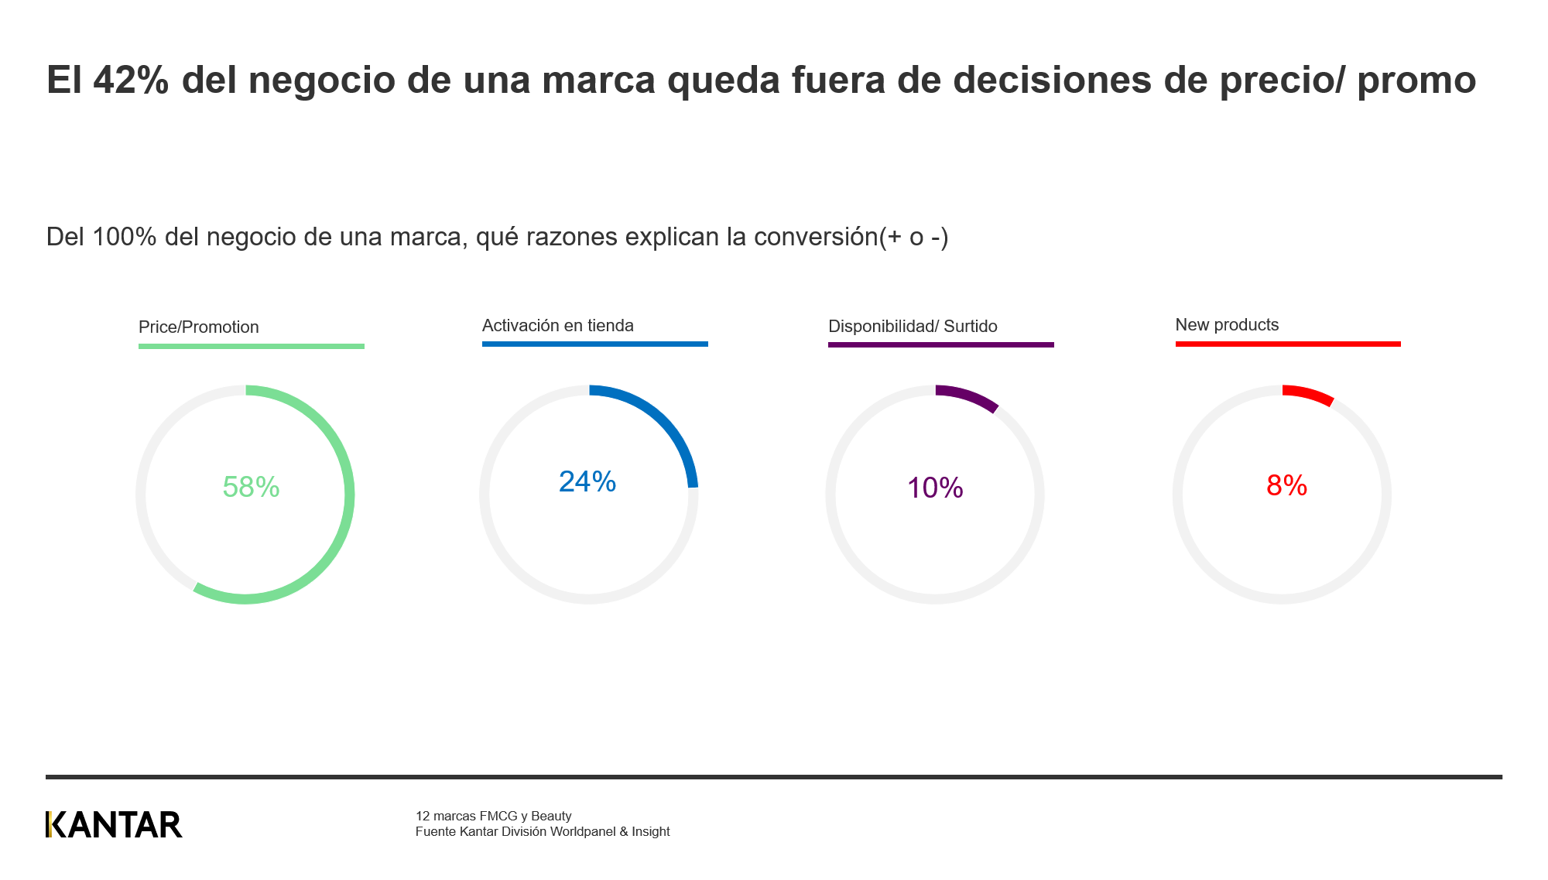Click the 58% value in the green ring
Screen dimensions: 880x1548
[251, 487]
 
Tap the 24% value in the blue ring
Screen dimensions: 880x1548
[587, 482]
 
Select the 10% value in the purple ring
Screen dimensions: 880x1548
[935, 488]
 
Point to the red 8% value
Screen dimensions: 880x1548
[1286, 485]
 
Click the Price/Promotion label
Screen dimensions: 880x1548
[198, 327]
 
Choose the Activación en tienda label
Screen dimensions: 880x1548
[557, 326]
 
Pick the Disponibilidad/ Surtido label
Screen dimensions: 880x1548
[913, 327]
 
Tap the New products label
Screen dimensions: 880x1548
[1227, 325]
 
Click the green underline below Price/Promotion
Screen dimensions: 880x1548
[251, 346]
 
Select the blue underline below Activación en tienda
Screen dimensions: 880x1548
[594, 344]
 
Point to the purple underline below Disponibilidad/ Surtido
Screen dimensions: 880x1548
[940, 344]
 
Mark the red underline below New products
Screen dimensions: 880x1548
[1288, 344]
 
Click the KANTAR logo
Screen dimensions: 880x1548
[114, 825]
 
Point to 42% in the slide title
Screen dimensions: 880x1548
[131, 80]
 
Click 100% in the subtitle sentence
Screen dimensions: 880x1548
[125, 237]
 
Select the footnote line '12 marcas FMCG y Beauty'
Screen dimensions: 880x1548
[493, 816]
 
